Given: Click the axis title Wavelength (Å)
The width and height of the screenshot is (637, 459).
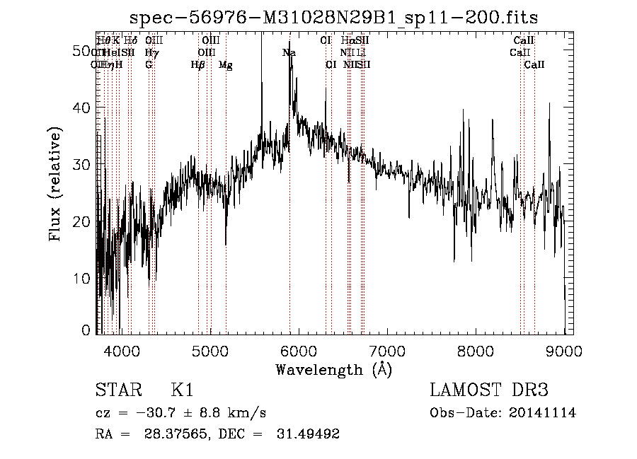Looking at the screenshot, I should click(333, 369).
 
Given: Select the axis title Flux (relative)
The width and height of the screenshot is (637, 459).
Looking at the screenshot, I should click(56, 184).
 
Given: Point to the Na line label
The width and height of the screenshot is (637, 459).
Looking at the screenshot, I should click(289, 53).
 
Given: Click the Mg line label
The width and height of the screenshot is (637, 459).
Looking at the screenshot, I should click(225, 65).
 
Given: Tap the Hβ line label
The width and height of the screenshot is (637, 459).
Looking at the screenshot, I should click(198, 65).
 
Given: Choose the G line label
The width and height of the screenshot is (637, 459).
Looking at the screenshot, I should click(149, 65).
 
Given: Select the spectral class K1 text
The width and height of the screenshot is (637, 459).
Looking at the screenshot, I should click(183, 390).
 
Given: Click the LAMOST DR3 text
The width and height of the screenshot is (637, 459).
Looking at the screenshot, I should click(488, 390).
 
